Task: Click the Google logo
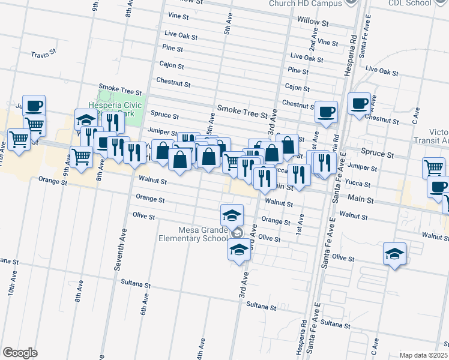(20, 352)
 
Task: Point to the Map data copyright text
(423, 355)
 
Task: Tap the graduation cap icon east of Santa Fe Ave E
(395, 254)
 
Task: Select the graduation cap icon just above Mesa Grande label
(232, 214)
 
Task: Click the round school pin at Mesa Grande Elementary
(237, 233)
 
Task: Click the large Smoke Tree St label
(242, 109)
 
